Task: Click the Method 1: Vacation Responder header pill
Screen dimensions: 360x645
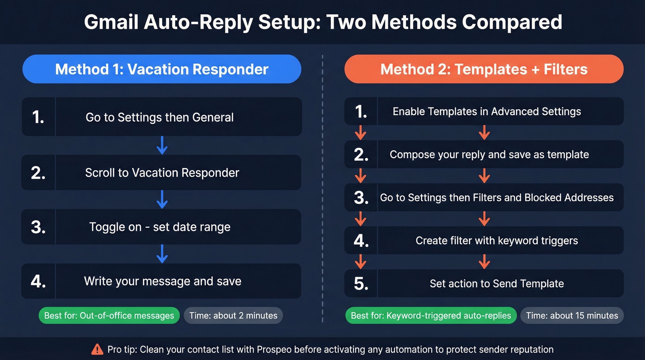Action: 162,69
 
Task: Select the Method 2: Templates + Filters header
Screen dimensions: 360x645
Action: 484,69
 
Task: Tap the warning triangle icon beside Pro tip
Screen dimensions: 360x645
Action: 97,349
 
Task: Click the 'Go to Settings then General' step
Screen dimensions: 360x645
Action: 159,117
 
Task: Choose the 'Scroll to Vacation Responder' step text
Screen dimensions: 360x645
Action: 162,173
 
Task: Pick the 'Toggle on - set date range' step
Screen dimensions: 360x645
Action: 160,227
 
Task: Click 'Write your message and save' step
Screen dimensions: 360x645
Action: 163,281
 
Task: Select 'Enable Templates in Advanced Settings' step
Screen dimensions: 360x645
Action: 487,112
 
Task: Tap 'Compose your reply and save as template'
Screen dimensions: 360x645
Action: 489,154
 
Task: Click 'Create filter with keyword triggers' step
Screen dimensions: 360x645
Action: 497,241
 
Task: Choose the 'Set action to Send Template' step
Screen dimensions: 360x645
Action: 497,283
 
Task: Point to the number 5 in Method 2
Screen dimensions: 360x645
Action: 361,284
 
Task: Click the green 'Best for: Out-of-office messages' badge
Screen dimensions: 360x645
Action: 109,316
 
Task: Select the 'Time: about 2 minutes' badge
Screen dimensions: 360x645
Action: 233,316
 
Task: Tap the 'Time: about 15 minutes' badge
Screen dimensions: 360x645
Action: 572,316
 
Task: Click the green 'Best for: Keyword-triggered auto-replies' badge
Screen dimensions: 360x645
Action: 431,316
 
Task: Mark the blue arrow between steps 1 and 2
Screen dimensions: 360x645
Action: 162,145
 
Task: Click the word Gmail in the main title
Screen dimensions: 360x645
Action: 111,22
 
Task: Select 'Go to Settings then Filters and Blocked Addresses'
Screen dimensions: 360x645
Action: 497,198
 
